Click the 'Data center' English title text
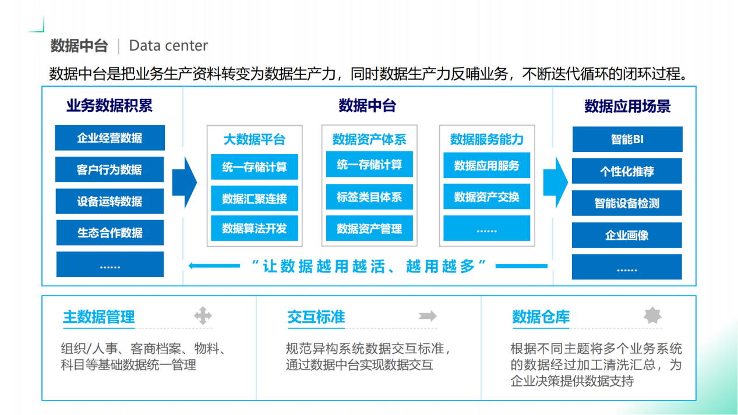click(x=168, y=45)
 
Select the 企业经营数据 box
click(x=110, y=137)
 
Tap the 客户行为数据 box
click(x=110, y=169)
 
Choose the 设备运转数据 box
click(x=110, y=201)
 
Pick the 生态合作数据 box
click(x=110, y=233)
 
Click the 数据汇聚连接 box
click(x=255, y=198)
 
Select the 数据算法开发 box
click(x=255, y=228)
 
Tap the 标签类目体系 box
click(x=369, y=197)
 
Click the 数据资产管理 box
click(x=369, y=228)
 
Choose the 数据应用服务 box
click(x=486, y=165)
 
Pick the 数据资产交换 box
click(x=486, y=197)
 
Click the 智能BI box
click(x=627, y=139)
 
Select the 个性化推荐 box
click(x=627, y=171)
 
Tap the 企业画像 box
click(x=627, y=235)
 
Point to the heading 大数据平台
click(x=255, y=140)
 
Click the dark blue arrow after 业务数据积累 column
click(x=185, y=183)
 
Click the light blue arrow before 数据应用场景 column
click(x=556, y=183)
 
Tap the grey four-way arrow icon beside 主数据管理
click(x=203, y=315)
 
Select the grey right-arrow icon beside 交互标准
click(x=428, y=316)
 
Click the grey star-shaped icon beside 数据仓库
click(x=652, y=315)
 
